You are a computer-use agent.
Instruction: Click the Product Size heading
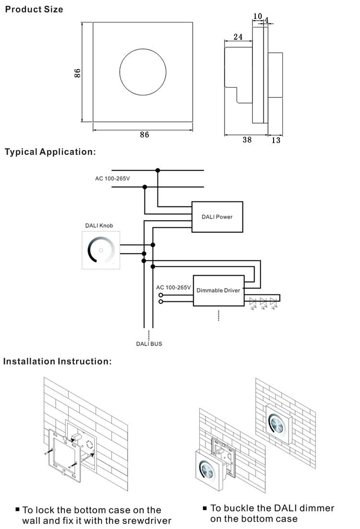34,9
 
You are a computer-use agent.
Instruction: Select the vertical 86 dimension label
77,72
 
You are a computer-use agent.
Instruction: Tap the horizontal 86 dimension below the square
144,135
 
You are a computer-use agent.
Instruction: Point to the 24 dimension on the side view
238,37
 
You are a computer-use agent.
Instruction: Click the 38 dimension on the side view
247,140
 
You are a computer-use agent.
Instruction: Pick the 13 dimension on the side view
276,140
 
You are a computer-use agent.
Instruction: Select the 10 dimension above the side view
257,16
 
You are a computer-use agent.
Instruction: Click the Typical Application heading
50,152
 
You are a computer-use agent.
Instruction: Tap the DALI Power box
217,217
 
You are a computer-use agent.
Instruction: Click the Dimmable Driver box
218,291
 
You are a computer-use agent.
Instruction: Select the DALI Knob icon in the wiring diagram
101,249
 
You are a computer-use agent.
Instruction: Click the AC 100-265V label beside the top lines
112,178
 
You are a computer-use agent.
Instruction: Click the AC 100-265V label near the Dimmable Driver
174,287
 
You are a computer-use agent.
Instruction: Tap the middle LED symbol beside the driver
263,302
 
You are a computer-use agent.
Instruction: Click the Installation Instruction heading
58,361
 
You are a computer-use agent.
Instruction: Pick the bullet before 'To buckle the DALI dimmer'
205,508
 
